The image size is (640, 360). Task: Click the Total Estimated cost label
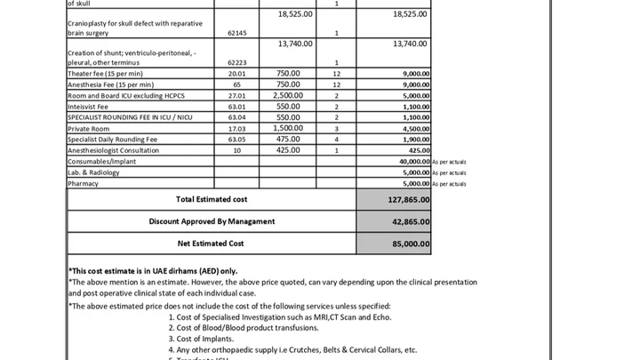point(212,199)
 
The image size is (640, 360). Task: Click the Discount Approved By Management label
point(212,220)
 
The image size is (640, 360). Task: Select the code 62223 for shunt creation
point(236,63)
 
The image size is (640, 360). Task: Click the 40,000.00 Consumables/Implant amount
point(413,162)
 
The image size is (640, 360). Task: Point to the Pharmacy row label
point(83,183)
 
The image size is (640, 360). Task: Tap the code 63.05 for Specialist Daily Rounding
point(236,140)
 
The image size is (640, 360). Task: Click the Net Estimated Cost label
point(212,243)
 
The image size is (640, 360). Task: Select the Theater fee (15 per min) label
point(104,74)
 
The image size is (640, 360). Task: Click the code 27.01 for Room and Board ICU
point(236,95)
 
